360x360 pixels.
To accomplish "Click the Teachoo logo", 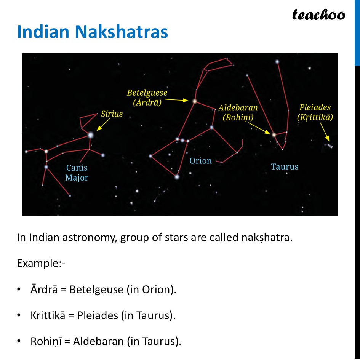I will coord(318,15).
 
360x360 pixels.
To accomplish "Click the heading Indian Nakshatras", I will coord(92,32).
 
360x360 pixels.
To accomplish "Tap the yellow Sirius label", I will coord(112,114).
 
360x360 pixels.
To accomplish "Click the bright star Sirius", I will coord(91,135).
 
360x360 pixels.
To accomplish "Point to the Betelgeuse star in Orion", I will coord(194,101).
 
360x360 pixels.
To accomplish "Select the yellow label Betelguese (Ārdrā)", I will coord(147,98).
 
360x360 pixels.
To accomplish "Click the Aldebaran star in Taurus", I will coord(274,134).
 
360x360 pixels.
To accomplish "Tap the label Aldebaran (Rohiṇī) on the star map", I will coord(238,113).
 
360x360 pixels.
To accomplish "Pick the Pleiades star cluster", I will coord(329,146).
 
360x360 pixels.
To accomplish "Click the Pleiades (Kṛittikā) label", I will coord(315,112).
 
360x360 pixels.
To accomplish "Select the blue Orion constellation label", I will coord(200,161).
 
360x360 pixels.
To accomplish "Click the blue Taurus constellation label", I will coord(285,166).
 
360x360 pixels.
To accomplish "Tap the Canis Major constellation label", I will coord(77,173).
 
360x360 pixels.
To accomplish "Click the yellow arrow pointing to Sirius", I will coord(103,125).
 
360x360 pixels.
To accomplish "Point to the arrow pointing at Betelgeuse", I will coord(178,100).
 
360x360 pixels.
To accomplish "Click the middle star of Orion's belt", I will coord(182,141).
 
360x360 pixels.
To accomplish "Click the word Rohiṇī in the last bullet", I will coord(45,341).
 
